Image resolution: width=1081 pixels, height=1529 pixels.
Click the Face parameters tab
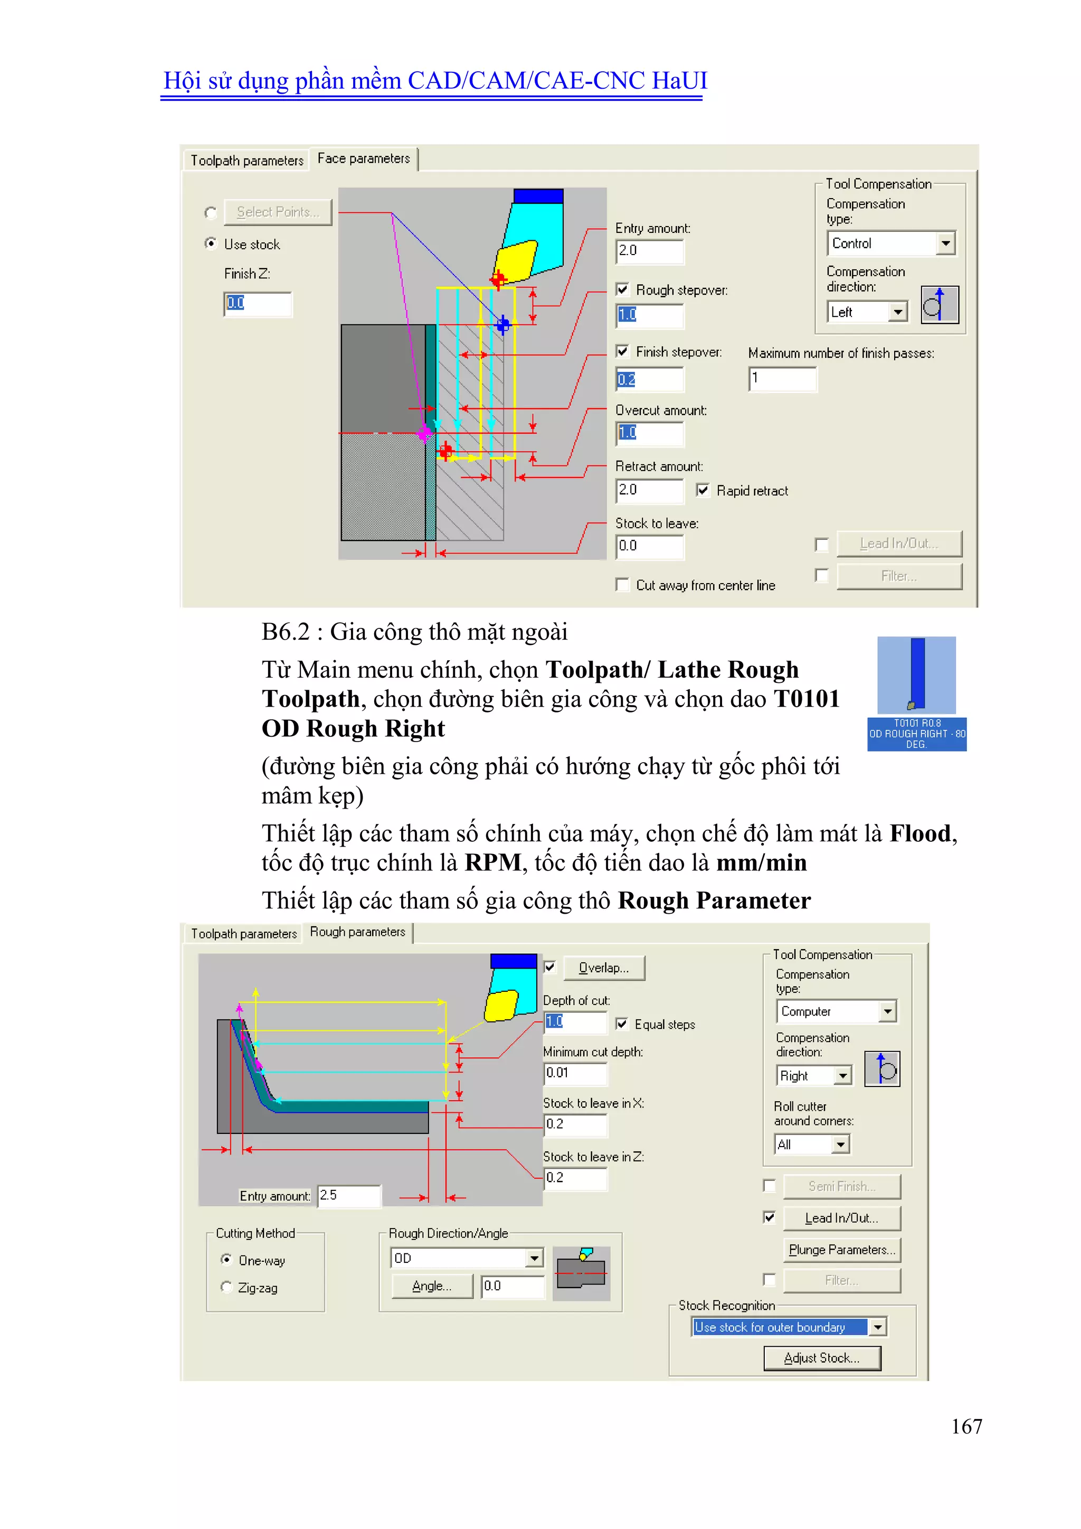pos(364,158)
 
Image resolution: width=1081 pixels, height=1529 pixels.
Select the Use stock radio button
pos(211,243)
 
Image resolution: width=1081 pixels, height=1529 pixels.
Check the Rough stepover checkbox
pos(622,289)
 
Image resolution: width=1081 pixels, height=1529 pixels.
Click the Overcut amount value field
pos(649,434)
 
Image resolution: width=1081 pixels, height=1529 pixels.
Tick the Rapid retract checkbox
pos(702,491)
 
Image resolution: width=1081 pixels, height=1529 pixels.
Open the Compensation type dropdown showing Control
pos(945,243)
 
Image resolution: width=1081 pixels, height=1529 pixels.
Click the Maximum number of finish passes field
pos(782,379)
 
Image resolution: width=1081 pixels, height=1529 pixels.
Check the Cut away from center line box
pos(622,585)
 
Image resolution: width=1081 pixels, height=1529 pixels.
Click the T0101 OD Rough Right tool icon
pos(917,692)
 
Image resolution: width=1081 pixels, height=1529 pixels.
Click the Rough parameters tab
pos(357,932)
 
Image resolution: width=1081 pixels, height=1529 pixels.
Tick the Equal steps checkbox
pos(622,1024)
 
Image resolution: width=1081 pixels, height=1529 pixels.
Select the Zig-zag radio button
pos(226,1287)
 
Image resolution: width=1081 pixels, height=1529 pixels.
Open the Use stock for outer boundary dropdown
pos(878,1327)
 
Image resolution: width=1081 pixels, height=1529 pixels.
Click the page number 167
pos(966,1427)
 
